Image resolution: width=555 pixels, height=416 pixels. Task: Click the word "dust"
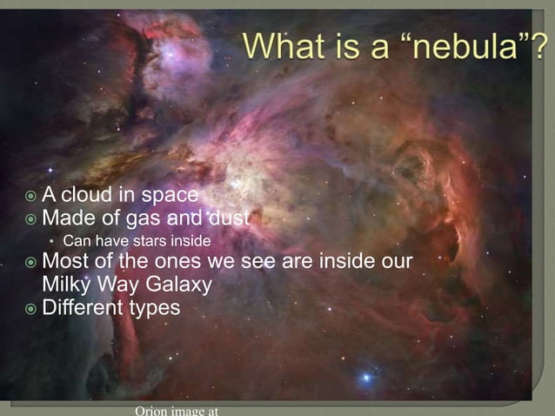228,217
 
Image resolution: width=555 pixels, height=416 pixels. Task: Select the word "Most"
65,262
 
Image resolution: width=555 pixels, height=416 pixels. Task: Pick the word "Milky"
69,285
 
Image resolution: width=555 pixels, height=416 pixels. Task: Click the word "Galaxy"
180,285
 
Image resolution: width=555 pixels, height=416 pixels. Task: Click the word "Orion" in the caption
150,410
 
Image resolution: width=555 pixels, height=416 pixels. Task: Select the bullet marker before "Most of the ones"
30,263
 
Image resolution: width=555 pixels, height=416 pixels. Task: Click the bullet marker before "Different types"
30,308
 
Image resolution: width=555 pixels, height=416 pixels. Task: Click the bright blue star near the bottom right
366,378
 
